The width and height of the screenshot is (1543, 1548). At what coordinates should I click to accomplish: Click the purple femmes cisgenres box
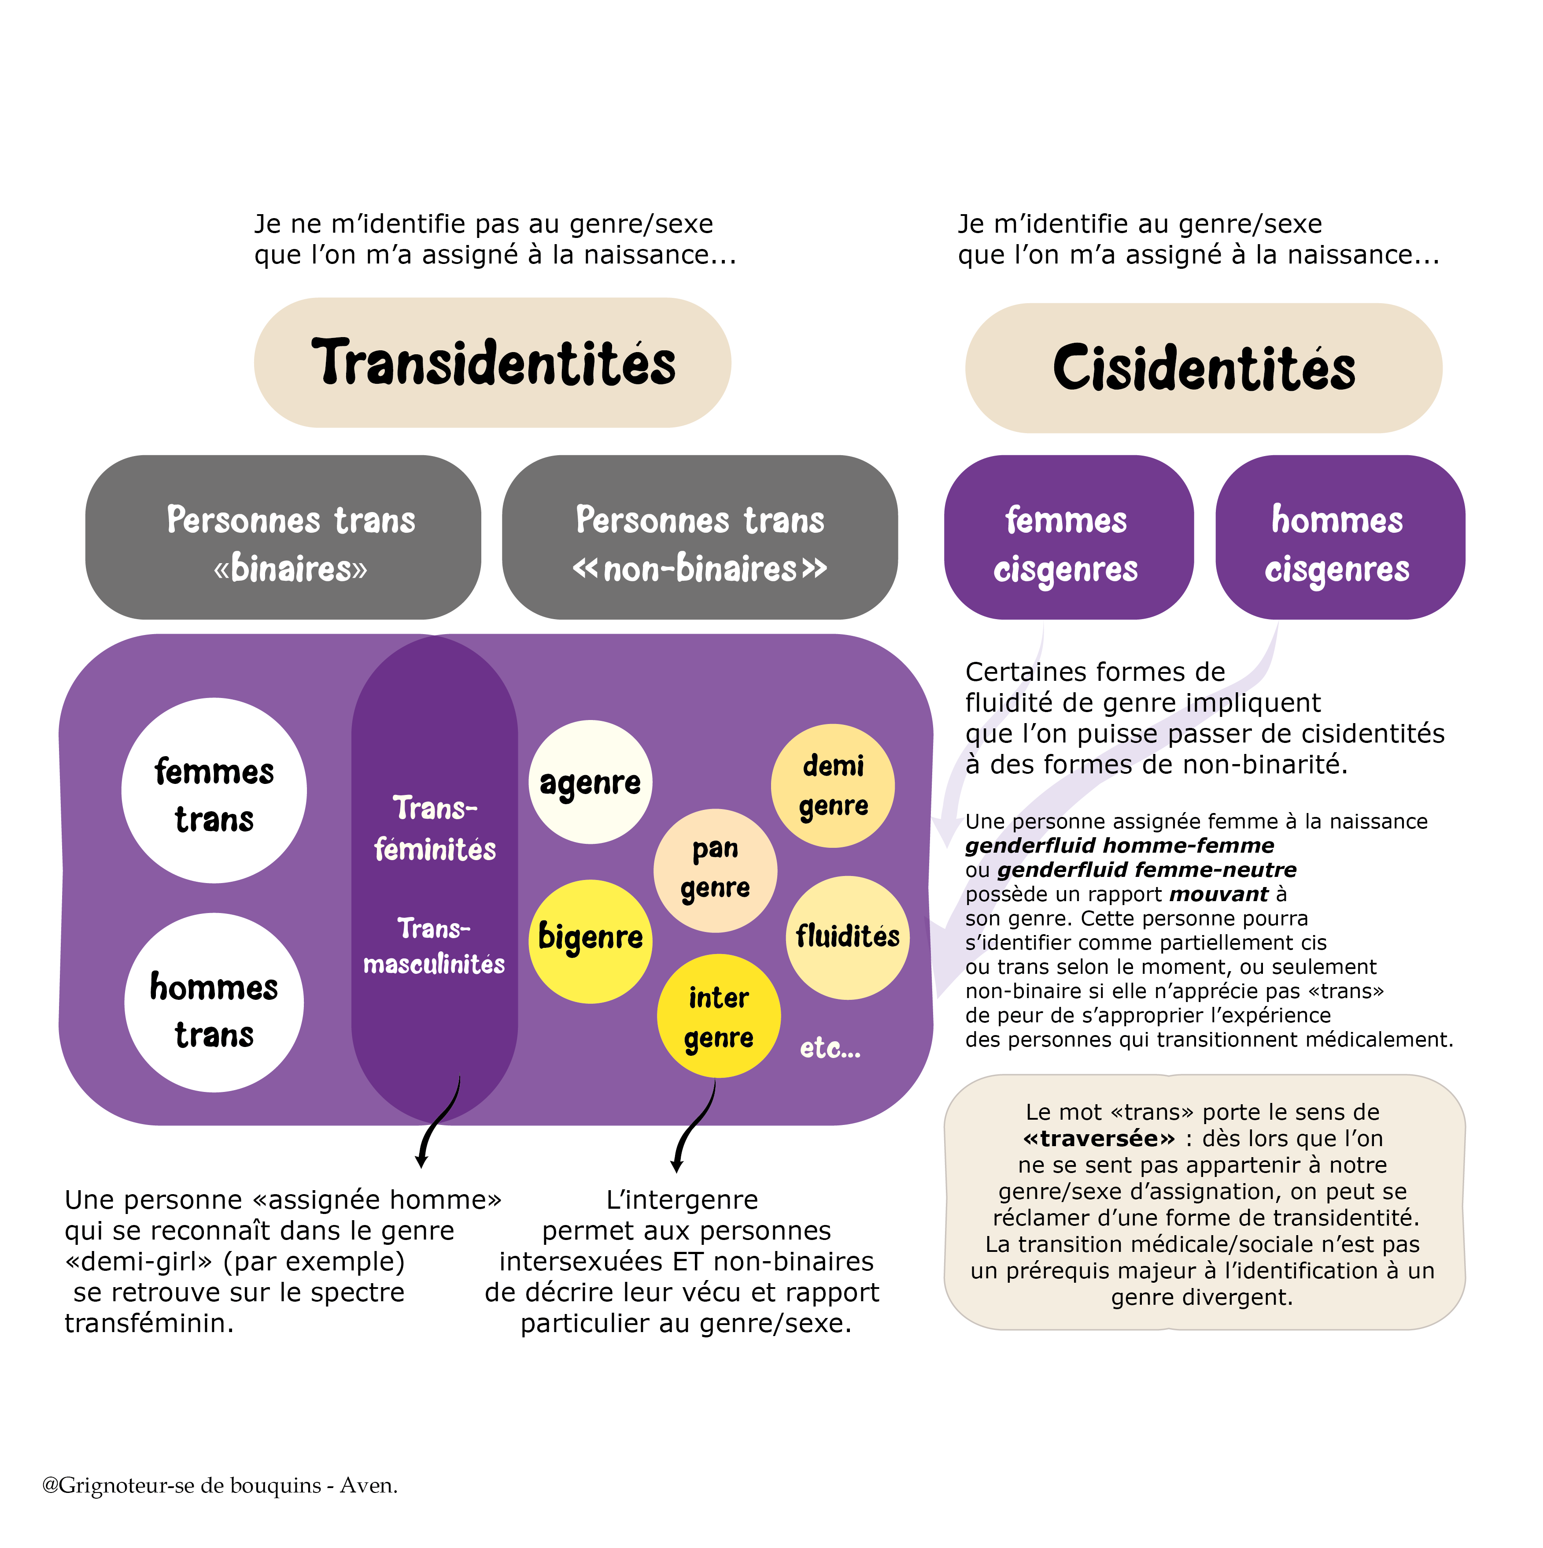click(1068, 537)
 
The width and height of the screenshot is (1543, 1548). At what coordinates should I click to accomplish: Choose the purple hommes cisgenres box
click(1340, 537)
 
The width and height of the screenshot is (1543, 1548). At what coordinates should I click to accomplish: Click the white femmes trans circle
click(214, 791)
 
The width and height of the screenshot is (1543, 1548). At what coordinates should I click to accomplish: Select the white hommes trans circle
click(214, 1002)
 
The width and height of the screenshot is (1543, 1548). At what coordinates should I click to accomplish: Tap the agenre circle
click(590, 782)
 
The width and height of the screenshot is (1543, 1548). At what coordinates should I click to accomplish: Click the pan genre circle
click(715, 871)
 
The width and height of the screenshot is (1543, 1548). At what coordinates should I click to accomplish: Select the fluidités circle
click(847, 937)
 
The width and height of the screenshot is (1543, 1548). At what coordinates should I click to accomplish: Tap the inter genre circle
click(718, 1016)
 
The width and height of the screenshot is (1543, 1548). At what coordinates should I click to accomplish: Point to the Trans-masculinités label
click(434, 946)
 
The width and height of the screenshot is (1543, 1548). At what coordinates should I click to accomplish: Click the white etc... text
click(830, 1047)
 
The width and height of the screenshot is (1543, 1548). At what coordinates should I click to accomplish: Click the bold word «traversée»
click(1099, 1139)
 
